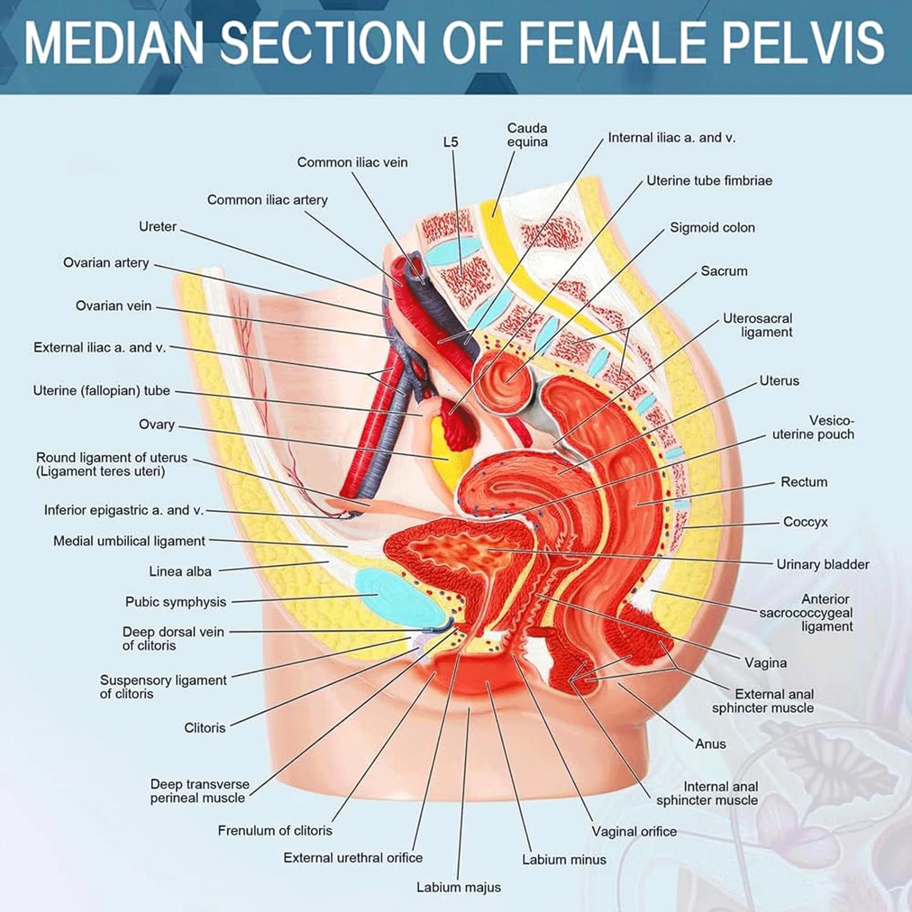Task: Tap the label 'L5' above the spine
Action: click(450, 142)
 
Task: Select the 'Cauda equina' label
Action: click(527, 135)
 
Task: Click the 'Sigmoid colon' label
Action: click(712, 227)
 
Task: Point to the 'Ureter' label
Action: click(157, 226)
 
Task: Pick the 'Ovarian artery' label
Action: click(106, 263)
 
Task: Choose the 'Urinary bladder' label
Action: click(823, 564)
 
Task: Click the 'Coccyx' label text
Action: click(805, 522)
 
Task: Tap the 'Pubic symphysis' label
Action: click(176, 602)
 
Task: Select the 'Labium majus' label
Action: click(458, 887)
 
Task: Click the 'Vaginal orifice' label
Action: click(634, 832)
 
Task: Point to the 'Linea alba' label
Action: click(180, 571)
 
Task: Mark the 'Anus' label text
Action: click(710, 744)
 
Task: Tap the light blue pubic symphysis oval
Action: click(399, 598)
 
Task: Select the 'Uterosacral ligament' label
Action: click(758, 325)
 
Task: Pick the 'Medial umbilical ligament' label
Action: click(129, 541)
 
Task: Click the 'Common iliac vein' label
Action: click(352, 162)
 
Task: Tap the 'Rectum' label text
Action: click(804, 482)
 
